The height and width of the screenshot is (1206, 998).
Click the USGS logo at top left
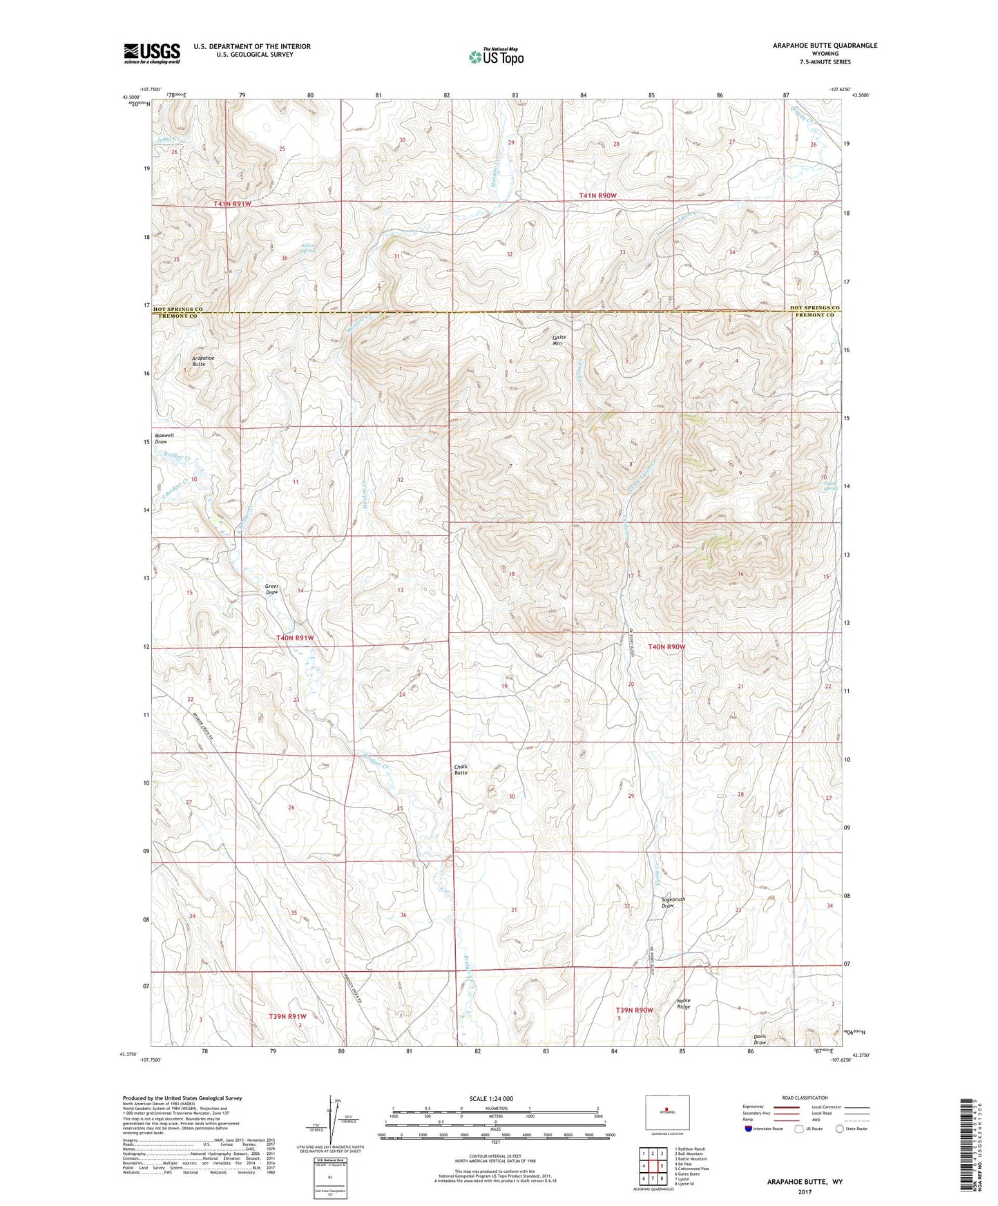(x=152, y=53)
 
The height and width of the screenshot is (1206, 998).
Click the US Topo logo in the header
(x=495, y=56)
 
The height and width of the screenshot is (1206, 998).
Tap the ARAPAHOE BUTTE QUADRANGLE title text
(x=825, y=46)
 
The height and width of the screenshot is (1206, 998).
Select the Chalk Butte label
(x=461, y=769)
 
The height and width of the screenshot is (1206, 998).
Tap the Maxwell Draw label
(x=164, y=439)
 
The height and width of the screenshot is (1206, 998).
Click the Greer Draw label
(x=271, y=589)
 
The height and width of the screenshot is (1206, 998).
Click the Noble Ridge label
(x=683, y=1003)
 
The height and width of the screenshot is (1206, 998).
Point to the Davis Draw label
(x=760, y=1040)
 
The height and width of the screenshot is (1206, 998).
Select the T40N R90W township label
(x=666, y=647)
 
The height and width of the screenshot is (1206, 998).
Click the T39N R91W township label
(x=287, y=1016)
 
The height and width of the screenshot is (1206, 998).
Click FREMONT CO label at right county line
(x=814, y=315)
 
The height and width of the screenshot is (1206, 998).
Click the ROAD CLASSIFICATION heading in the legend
(x=804, y=1098)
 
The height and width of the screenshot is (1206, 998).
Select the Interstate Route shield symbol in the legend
(x=749, y=1129)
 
